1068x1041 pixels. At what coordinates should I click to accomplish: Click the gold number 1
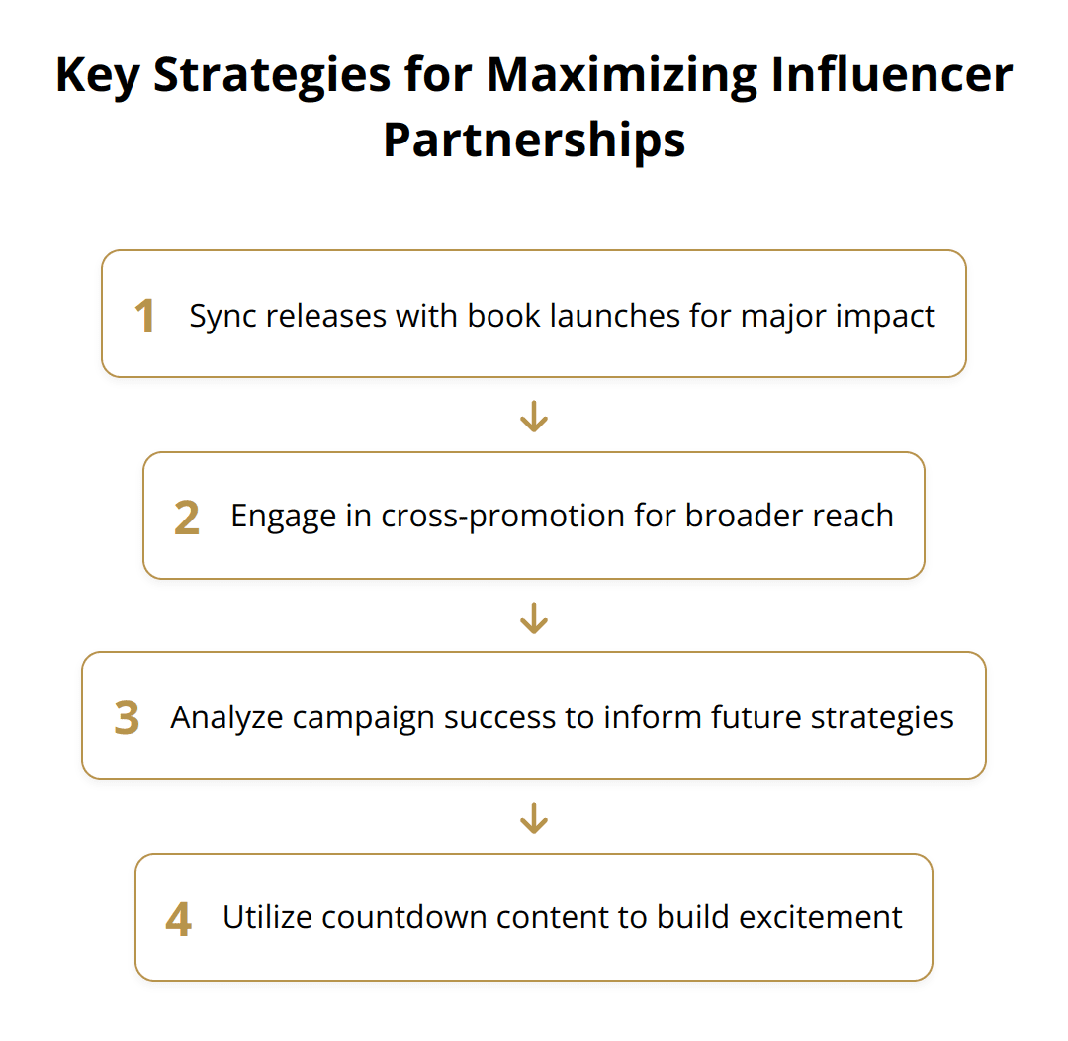(x=145, y=317)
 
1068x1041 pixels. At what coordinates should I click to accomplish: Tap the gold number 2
(x=186, y=519)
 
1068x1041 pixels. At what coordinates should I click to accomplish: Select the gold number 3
(x=127, y=719)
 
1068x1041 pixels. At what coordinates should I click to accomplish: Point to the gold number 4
(x=178, y=920)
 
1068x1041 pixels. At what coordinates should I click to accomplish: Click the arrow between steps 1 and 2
(x=534, y=417)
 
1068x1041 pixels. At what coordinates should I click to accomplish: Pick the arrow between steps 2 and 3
(x=534, y=617)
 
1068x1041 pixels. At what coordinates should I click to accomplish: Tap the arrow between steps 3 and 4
(x=534, y=818)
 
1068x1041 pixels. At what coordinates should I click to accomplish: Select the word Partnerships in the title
(x=534, y=141)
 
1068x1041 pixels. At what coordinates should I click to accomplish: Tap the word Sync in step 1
(x=220, y=316)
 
